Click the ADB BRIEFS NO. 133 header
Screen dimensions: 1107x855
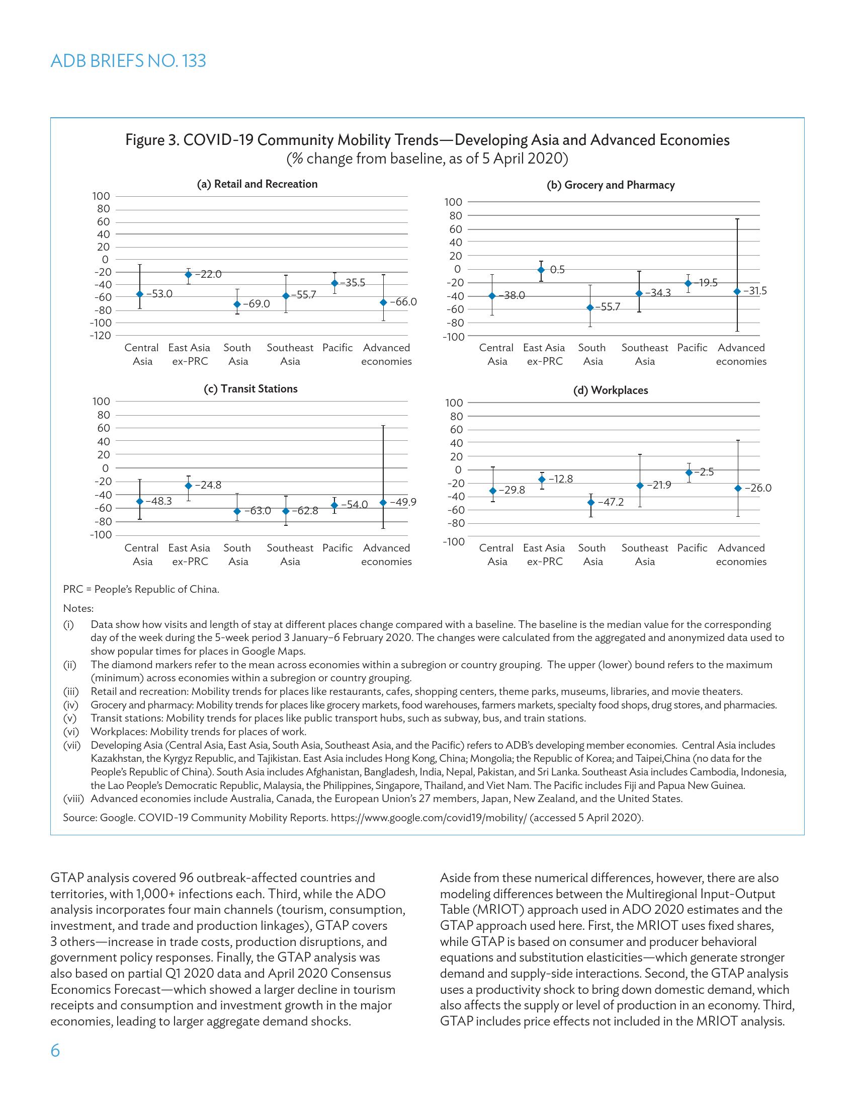tap(128, 61)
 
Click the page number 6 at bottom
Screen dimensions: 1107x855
tap(55, 1051)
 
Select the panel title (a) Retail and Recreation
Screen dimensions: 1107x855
tap(257, 184)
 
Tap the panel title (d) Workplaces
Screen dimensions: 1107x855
tap(611, 390)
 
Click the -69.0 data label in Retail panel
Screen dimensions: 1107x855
tap(256, 304)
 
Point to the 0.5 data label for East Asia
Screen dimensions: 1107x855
tap(557, 270)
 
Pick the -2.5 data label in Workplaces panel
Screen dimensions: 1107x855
tap(704, 472)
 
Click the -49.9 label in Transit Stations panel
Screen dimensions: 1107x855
tap(403, 502)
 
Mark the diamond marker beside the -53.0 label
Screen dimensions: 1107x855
tap(140, 294)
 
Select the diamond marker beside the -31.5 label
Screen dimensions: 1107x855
tap(737, 291)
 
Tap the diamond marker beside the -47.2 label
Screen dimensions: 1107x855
tap(590, 502)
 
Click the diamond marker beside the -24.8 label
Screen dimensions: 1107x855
tap(189, 486)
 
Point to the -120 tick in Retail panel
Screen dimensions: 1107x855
tap(100, 336)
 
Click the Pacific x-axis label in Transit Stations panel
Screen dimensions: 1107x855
tap(337, 548)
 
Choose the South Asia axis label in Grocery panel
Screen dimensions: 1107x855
tap(592, 354)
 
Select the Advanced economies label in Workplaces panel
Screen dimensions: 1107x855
tap(741, 555)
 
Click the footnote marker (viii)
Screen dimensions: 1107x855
tap(73, 799)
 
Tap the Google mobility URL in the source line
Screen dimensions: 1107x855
tap(428, 818)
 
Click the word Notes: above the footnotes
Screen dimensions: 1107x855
tap(78, 608)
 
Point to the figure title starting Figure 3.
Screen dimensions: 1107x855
tap(427, 140)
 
